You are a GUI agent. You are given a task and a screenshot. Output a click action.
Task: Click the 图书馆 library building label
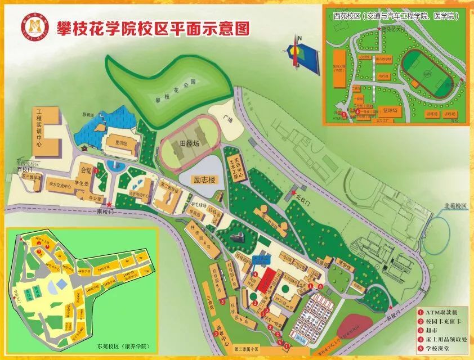129,143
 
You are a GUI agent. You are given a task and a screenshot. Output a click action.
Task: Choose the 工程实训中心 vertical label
39,128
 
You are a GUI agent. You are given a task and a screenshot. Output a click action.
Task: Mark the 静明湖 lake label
88,114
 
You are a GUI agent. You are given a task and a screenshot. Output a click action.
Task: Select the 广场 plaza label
227,119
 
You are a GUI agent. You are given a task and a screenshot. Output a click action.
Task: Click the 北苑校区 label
455,206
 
